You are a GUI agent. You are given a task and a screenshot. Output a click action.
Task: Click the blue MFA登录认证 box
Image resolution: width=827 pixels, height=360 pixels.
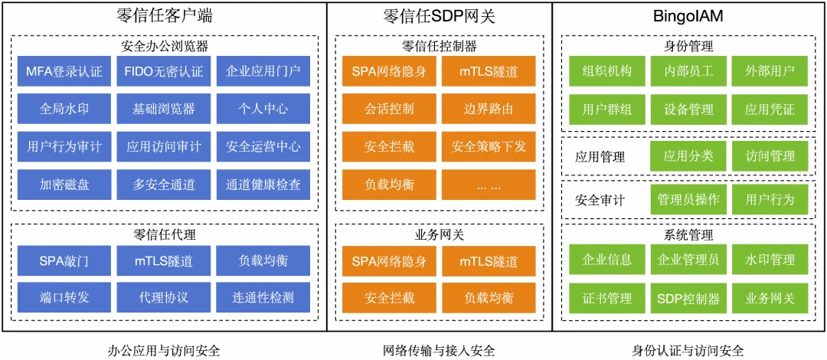click(64, 70)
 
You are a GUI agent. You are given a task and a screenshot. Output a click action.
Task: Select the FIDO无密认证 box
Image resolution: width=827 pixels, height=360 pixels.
click(164, 70)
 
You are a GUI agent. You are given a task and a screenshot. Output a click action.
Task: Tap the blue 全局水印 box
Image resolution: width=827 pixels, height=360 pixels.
click(64, 109)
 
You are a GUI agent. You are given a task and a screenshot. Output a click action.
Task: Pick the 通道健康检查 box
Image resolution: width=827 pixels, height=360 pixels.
click(263, 185)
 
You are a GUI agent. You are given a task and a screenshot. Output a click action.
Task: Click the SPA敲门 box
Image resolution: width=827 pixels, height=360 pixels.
click(64, 260)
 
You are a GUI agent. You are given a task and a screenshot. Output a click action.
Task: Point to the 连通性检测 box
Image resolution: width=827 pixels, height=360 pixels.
click(263, 297)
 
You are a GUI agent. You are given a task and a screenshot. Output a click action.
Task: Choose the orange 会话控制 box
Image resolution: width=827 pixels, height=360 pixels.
click(389, 109)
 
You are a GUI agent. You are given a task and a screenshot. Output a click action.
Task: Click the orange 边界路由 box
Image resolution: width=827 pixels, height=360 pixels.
click(489, 109)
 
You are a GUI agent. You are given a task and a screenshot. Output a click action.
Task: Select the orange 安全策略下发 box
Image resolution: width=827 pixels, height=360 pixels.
click(489, 147)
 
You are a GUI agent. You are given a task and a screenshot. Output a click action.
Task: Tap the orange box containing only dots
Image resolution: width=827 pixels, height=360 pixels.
click(489, 185)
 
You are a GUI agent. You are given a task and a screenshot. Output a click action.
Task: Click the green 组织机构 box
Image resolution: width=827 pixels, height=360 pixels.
click(607, 71)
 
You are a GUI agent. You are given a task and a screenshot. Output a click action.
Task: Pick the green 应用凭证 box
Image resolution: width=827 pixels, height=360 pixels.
click(770, 110)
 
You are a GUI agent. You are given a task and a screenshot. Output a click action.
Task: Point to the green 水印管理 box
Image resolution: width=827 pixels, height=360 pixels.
click(770, 260)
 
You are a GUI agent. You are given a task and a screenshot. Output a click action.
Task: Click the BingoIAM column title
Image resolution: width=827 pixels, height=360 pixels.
click(688, 18)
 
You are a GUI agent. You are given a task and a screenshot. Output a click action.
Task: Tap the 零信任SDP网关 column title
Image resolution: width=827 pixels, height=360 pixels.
click(440, 18)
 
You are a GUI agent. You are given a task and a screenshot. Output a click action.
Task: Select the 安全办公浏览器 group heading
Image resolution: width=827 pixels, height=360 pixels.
click(164, 46)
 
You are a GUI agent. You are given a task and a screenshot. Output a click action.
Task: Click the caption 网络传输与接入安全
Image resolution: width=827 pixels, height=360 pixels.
click(440, 350)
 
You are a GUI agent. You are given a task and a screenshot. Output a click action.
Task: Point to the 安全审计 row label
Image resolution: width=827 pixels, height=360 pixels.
click(600, 200)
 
